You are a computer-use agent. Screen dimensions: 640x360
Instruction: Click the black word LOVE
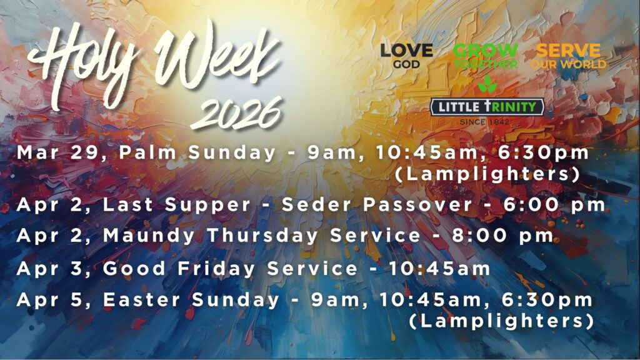coord(406,51)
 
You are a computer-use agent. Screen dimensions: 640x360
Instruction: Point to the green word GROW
coord(486,51)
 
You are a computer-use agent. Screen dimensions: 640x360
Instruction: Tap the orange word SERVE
coord(568,51)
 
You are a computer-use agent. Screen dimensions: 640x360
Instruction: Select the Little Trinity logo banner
coord(487,107)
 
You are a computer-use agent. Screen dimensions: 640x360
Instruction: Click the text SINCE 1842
coord(484,122)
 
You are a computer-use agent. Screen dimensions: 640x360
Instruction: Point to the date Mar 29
coord(57,153)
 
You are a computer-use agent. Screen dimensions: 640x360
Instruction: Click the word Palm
coord(147,152)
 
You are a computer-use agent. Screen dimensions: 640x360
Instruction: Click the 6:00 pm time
coord(554,205)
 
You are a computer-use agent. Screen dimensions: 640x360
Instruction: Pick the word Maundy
coord(149,236)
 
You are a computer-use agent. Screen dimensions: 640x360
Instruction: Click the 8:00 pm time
coord(503,236)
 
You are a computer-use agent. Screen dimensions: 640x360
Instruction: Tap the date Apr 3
coord(54,269)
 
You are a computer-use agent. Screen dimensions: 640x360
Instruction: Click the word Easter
coord(141,299)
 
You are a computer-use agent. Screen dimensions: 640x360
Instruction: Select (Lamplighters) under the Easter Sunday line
coord(501,321)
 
